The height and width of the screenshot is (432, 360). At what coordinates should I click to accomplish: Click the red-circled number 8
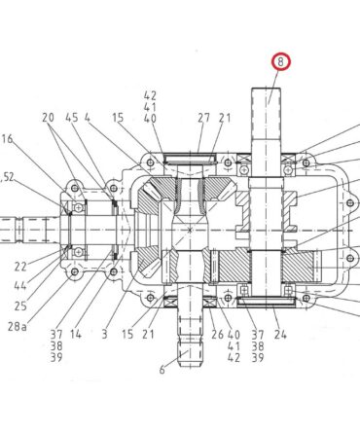[x=281, y=61]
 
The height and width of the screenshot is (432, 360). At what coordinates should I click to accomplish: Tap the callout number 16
[x=7, y=139]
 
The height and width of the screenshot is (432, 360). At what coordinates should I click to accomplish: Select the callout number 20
[x=48, y=118]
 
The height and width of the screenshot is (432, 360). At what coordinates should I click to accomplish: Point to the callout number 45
[x=72, y=118]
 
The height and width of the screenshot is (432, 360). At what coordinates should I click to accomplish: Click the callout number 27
[x=204, y=118]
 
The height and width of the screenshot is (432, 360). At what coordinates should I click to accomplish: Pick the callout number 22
[x=20, y=267]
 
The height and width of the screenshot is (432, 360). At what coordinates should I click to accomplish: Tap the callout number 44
[x=20, y=286]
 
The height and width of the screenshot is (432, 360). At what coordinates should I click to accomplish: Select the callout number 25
[x=20, y=306]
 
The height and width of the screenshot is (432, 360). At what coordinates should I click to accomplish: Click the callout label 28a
[x=18, y=326]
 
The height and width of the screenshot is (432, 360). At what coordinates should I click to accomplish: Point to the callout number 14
[x=76, y=334]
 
